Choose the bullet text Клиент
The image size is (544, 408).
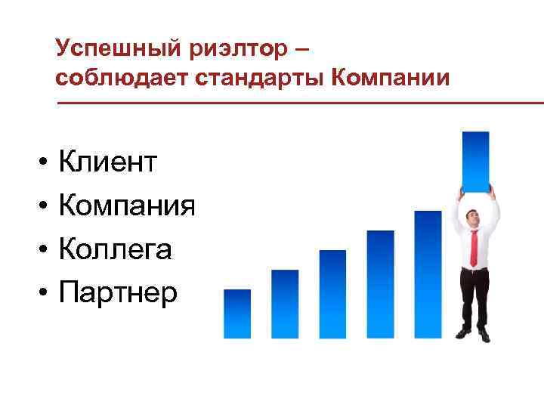point(108,161)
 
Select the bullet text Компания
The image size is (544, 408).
point(127,205)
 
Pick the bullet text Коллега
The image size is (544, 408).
point(115,249)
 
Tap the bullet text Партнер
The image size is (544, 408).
point(118,292)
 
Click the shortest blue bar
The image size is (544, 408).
point(237,314)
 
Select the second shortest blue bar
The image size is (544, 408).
point(285,304)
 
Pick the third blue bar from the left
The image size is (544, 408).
point(332,294)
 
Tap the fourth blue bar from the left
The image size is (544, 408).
point(380,284)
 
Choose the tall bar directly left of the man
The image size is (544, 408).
point(428,274)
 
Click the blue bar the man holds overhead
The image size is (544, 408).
point(475,161)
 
